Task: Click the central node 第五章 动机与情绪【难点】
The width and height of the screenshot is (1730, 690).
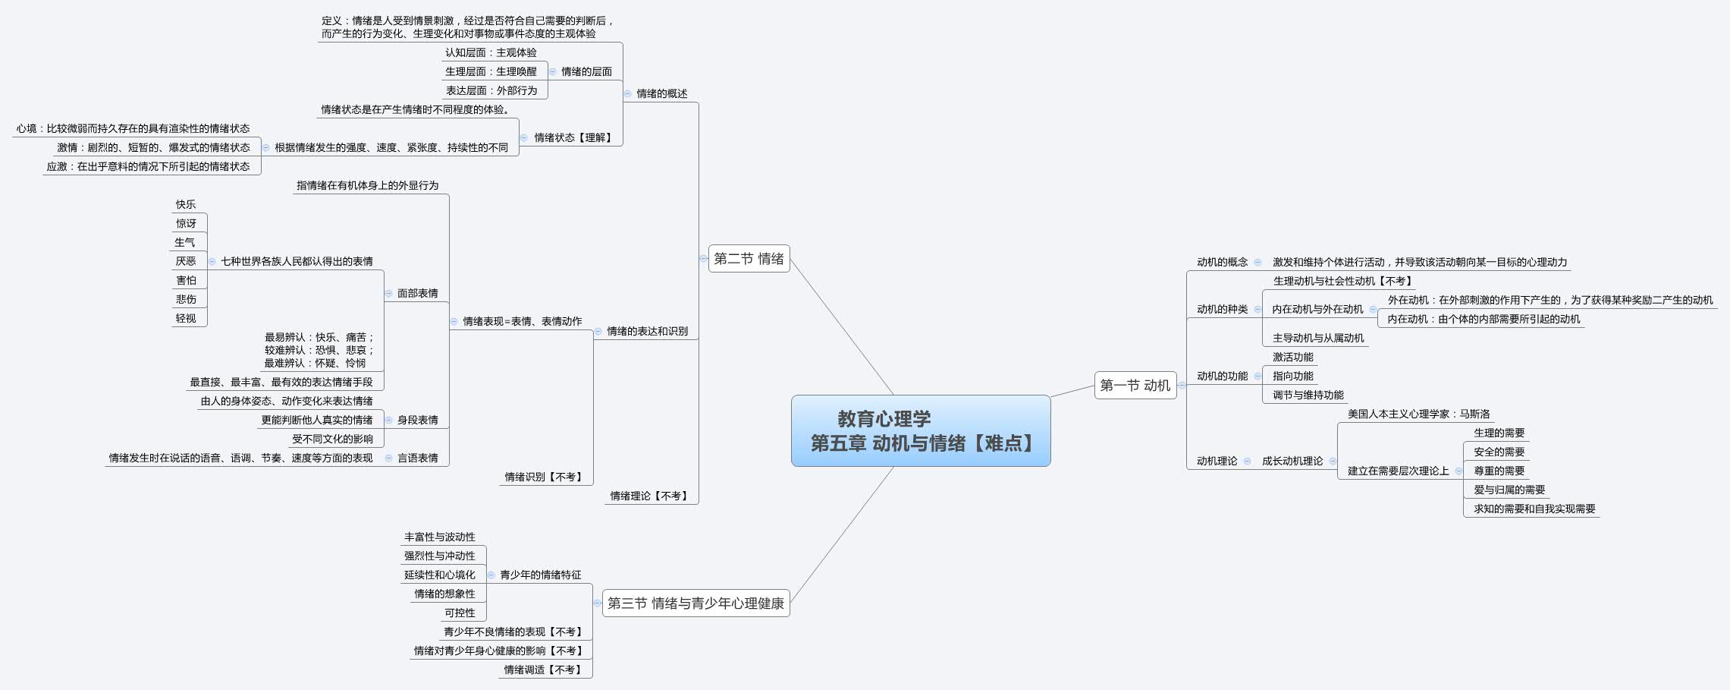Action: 920,430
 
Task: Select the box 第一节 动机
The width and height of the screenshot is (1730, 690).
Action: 1135,386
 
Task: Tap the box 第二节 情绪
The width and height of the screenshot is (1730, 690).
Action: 749,259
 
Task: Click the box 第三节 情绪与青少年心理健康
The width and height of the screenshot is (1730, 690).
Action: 695,603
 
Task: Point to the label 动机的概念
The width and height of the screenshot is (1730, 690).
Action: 1222,262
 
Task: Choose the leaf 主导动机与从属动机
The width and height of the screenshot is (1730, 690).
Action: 1317,338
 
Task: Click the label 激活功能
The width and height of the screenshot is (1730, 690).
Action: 1292,357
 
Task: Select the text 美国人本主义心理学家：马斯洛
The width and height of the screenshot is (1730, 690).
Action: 1418,414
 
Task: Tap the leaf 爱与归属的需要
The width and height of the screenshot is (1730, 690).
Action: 1509,490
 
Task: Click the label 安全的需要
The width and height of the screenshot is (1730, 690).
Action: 1499,452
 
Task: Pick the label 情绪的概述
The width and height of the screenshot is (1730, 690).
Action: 661,93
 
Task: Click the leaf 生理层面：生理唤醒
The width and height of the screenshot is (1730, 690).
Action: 491,71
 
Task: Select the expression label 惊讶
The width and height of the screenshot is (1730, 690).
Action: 186,223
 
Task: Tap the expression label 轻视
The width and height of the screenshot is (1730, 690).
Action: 186,318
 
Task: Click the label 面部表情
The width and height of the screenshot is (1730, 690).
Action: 417,293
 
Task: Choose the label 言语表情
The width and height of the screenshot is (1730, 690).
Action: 417,458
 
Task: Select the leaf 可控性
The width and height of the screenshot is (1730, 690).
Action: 460,613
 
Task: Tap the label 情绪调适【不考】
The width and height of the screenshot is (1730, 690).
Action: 544,670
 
